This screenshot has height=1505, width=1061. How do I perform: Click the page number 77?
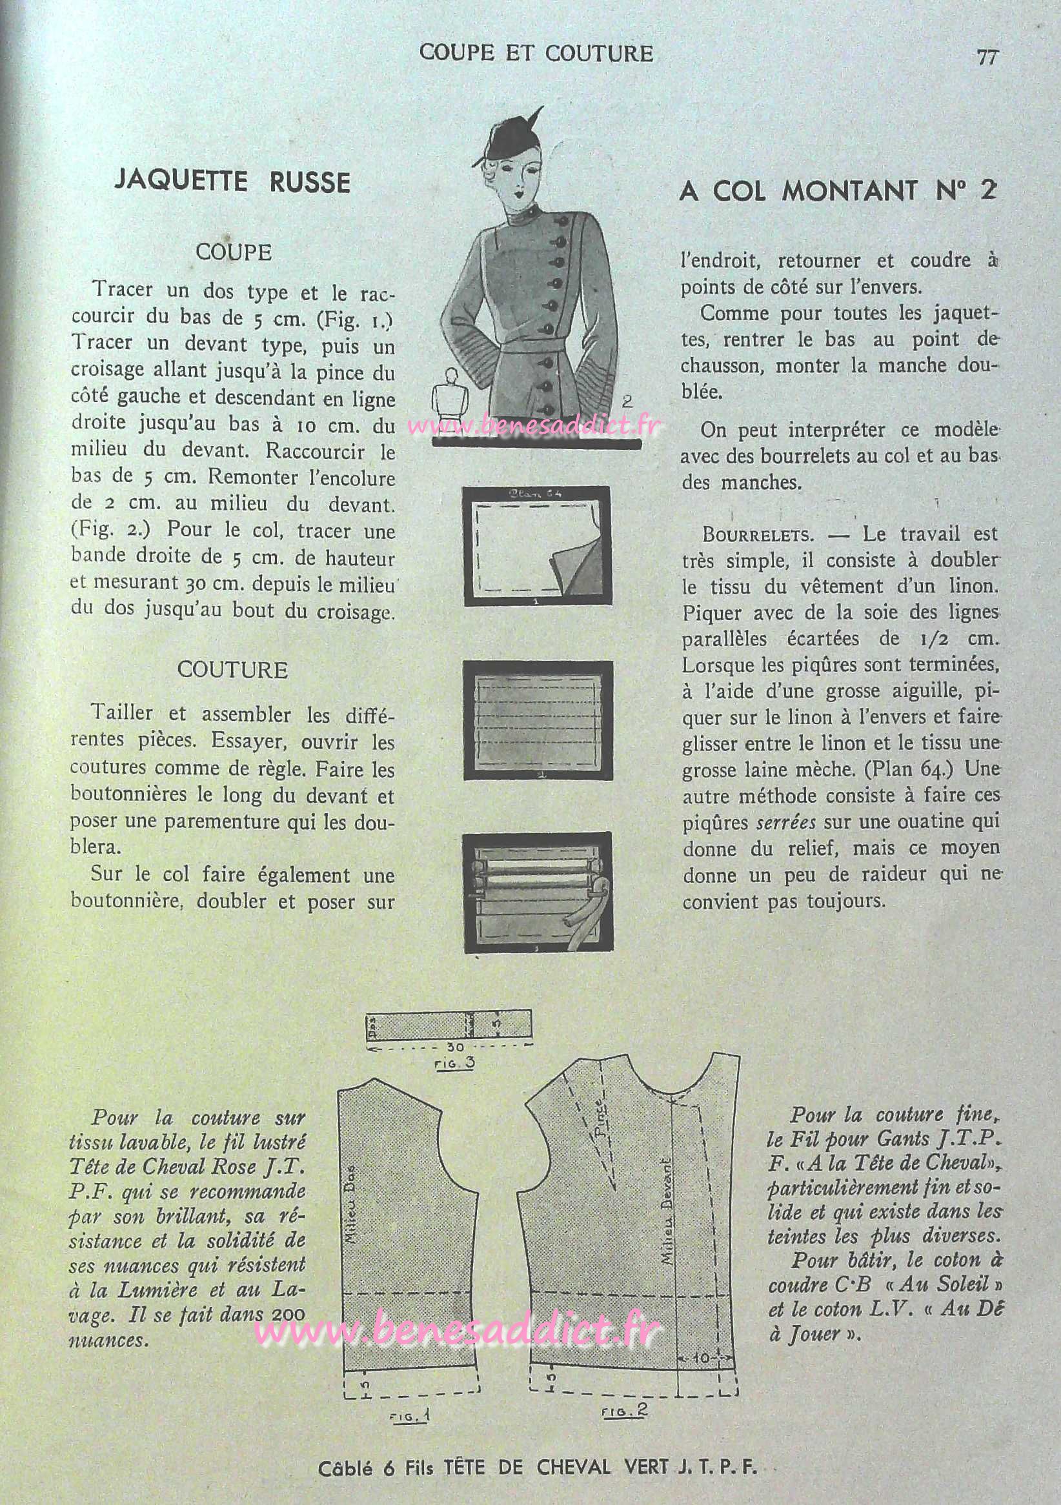pos(987,57)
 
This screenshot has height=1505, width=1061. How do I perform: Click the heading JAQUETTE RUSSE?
pos(232,181)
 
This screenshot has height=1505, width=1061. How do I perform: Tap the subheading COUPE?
pos(233,252)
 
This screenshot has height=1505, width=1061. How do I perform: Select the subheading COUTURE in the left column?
pos(232,670)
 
